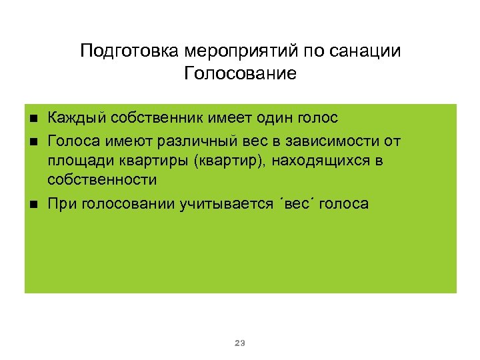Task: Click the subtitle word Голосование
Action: (x=240, y=73)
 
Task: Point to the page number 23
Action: (x=240, y=343)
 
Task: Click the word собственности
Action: (x=102, y=180)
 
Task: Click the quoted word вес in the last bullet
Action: (x=299, y=203)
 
